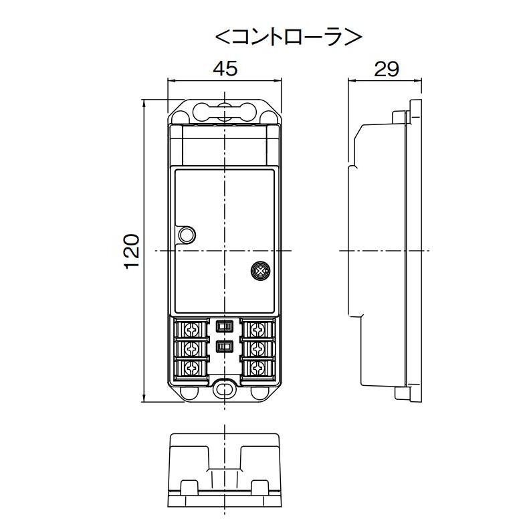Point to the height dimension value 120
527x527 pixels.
point(132,251)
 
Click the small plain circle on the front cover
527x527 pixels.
point(187,234)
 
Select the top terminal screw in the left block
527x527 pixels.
point(192,329)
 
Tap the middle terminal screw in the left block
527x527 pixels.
point(192,348)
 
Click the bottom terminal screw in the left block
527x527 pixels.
point(192,368)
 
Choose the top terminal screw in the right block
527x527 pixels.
point(257,329)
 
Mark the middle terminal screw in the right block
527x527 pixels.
point(257,348)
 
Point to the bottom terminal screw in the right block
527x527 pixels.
point(257,368)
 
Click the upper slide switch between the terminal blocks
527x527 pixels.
point(225,326)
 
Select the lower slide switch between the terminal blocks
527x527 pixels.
point(225,346)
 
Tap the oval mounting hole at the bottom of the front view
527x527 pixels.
point(224,389)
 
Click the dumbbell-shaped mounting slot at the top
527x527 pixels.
point(224,110)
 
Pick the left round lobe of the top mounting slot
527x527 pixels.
point(201,110)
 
